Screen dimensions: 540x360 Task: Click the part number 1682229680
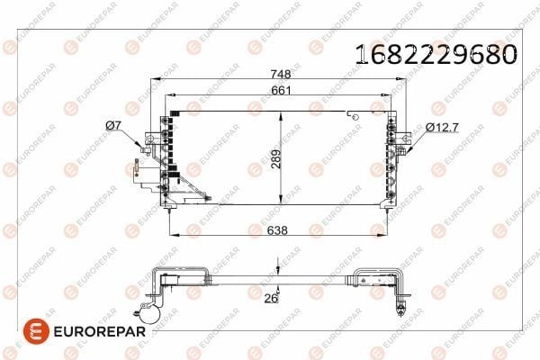pyautogui.click(x=436, y=54)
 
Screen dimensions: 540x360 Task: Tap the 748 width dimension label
pyautogui.click(x=281, y=74)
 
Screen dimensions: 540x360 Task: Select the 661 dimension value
pyautogui.click(x=281, y=90)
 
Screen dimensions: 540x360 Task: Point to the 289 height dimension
pyautogui.click(x=276, y=158)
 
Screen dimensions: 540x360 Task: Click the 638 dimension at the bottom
pyautogui.click(x=277, y=230)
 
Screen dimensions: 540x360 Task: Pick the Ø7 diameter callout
pyautogui.click(x=113, y=126)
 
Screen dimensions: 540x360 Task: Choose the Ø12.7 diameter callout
pyautogui.click(x=442, y=128)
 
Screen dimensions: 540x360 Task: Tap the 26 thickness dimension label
pyautogui.click(x=271, y=298)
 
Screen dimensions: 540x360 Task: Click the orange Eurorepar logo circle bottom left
pyautogui.click(x=36, y=331)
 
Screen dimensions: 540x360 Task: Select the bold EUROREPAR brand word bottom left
pyautogui.click(x=100, y=332)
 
